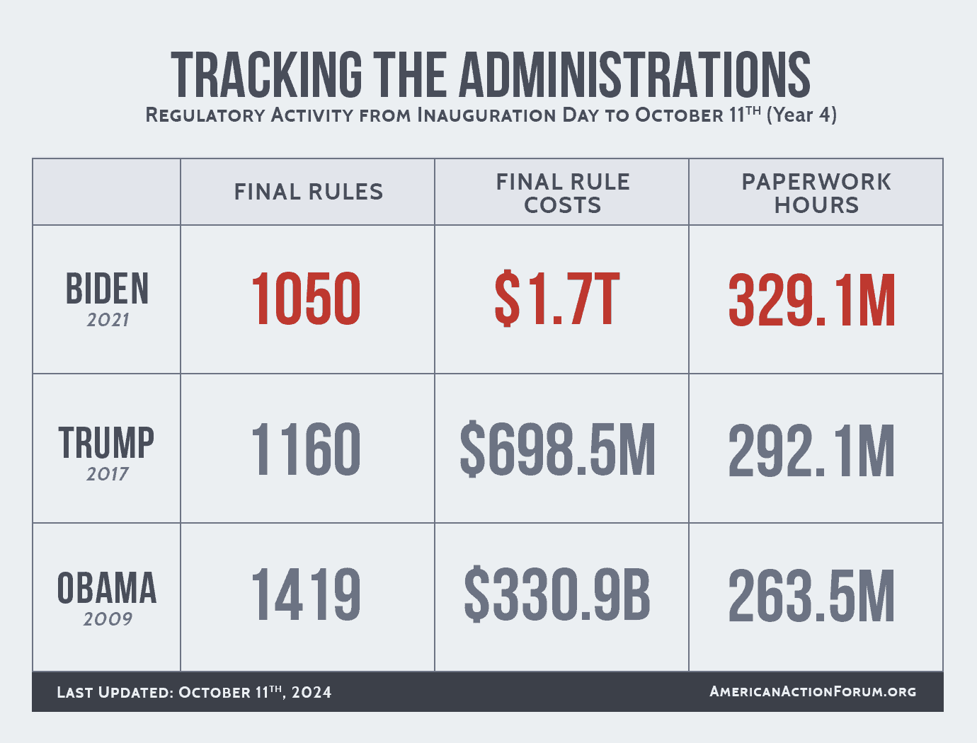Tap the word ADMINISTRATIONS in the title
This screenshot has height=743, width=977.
(635, 74)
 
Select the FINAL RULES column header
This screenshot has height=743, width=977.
(309, 192)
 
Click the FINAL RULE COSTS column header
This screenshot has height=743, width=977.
(563, 193)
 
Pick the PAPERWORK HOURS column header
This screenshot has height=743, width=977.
(816, 193)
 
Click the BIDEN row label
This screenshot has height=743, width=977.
(108, 289)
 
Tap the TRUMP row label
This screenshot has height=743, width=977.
(107, 443)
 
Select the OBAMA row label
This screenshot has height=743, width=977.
(107, 589)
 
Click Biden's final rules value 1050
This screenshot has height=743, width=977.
(306, 300)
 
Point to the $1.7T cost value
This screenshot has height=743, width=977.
(557, 300)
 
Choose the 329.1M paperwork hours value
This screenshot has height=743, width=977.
(812, 301)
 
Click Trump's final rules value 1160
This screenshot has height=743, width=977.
(306, 449)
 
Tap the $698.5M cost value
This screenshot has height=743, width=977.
(558, 449)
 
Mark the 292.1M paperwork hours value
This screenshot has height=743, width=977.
(812, 451)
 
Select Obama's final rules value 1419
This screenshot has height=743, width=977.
(306, 596)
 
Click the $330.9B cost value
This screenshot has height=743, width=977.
(557, 596)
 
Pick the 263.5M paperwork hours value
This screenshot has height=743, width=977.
(812, 597)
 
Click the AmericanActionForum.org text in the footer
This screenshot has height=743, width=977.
(813, 691)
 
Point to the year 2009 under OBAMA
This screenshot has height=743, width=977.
(108, 619)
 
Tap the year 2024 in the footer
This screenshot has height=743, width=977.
(312, 692)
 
